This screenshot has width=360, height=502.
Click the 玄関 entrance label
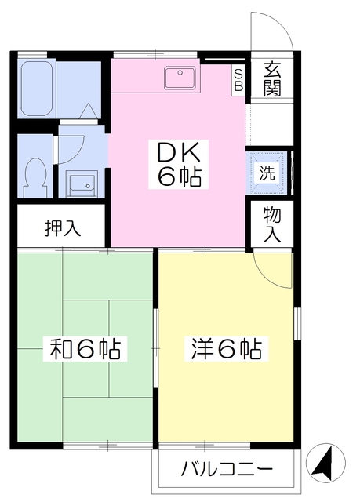[x=272, y=79]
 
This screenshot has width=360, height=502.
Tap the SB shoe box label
[x=238, y=80]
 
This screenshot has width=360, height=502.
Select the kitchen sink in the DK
[x=180, y=78]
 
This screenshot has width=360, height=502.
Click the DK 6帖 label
[x=179, y=164]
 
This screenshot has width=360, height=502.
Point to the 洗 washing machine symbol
[x=267, y=173]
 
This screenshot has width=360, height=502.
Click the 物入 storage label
[x=271, y=224]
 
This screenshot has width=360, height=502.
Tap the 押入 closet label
[x=63, y=228]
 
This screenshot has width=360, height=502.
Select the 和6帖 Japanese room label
[x=85, y=348]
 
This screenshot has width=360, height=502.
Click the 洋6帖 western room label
[x=227, y=348]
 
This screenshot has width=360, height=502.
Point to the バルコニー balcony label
[x=227, y=470]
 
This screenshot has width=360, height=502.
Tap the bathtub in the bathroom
[x=37, y=88]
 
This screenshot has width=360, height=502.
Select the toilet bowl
[x=36, y=177]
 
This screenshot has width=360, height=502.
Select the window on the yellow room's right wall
[x=297, y=324]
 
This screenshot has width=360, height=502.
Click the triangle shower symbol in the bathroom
[x=87, y=111]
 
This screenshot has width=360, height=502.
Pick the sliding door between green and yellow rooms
[x=155, y=348]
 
